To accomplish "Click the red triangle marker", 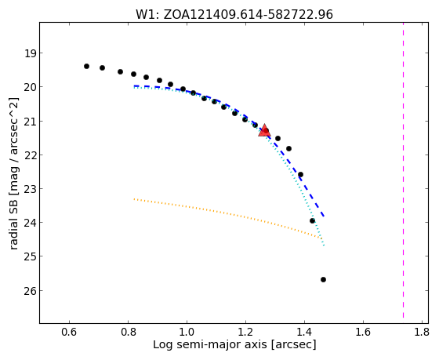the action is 264,130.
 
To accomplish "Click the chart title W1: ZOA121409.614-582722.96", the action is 234,15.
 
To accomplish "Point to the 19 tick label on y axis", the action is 30,53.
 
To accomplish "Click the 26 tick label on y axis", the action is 30,291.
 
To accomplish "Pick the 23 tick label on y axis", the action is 30,189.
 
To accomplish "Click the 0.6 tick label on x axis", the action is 69,332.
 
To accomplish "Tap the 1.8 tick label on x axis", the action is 422,332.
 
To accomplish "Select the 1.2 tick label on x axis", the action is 245,332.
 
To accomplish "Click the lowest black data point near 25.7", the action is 323,279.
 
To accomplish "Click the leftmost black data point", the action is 86,67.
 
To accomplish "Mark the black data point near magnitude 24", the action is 313,220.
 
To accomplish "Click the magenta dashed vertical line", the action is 403,170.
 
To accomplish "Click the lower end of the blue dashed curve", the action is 324,216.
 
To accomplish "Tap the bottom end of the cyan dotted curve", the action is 324,245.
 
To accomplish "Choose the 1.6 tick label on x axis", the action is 363,332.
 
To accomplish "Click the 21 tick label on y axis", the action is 30,121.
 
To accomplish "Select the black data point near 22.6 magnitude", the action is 301,175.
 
